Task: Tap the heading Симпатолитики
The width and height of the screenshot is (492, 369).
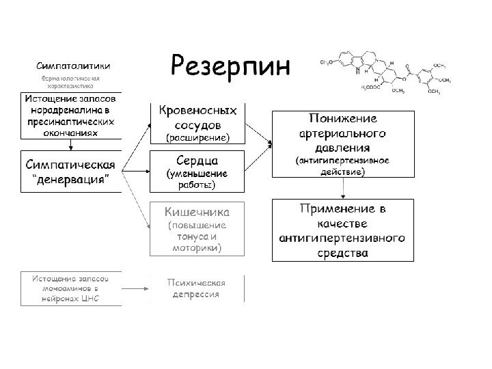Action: [x=74, y=66]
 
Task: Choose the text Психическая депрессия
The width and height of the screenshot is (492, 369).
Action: [x=197, y=288]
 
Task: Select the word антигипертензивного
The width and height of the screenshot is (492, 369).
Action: [x=342, y=238]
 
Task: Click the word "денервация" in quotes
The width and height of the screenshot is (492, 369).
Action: [x=70, y=179]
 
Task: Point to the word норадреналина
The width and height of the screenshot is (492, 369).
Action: [x=70, y=109]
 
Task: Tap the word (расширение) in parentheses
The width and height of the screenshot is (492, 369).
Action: [x=198, y=137]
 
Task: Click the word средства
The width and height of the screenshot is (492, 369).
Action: [x=342, y=253]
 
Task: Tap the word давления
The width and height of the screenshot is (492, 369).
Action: [x=342, y=147]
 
